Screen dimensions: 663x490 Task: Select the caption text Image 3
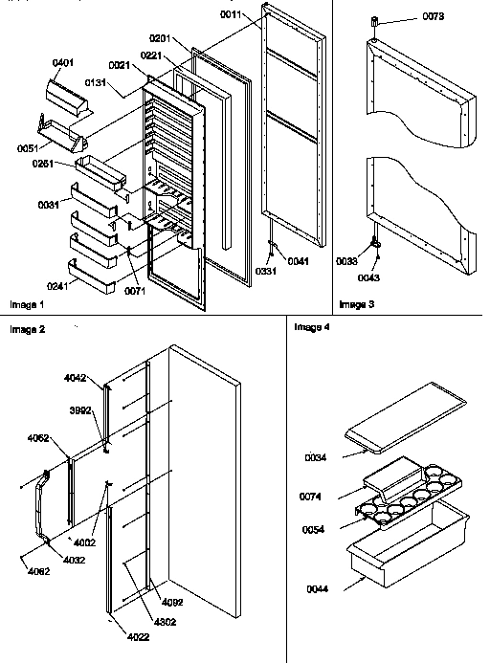coord(357,304)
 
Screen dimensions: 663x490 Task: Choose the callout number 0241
coord(59,283)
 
